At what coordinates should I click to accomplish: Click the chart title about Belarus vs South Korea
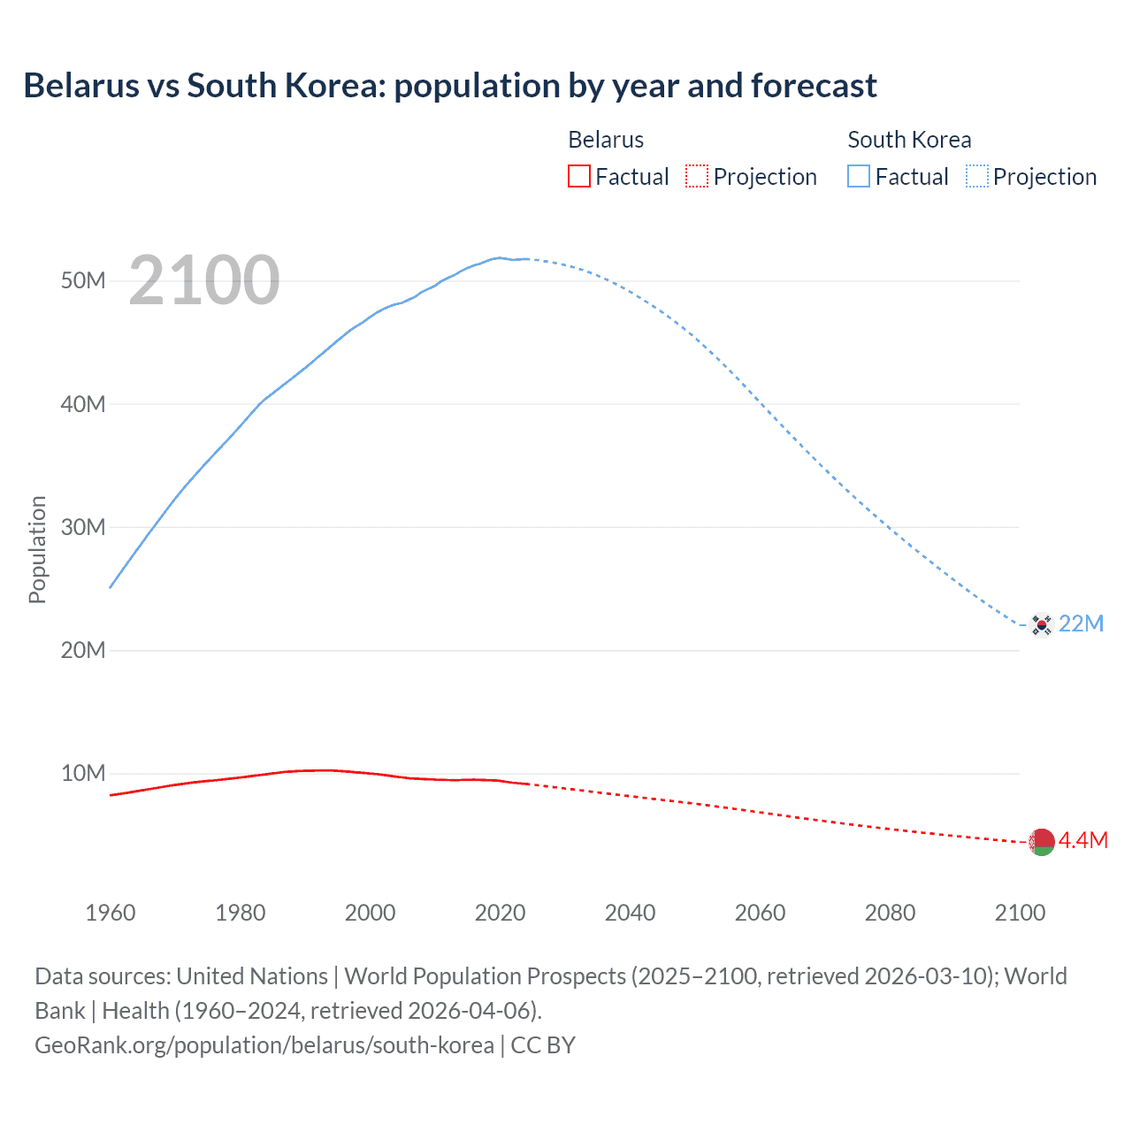pyautogui.click(x=450, y=86)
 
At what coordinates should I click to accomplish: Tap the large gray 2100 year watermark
pyautogui.click(x=204, y=280)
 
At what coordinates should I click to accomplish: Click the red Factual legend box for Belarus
pyautogui.click(x=578, y=176)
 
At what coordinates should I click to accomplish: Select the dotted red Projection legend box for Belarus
pyautogui.click(x=697, y=176)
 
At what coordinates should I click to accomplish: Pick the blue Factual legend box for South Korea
pyautogui.click(x=859, y=176)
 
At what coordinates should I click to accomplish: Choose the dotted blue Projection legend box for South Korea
pyautogui.click(x=976, y=176)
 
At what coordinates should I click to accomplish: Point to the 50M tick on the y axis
pyautogui.click(x=83, y=281)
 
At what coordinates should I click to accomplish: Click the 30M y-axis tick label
pyautogui.click(x=83, y=527)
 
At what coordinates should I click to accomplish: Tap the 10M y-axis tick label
pyautogui.click(x=83, y=774)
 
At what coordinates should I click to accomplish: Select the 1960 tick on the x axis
pyautogui.click(x=111, y=913)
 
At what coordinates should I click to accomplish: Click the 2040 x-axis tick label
pyautogui.click(x=630, y=913)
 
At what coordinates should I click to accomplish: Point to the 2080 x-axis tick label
pyautogui.click(x=890, y=913)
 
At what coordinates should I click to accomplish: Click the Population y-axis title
pyautogui.click(x=37, y=549)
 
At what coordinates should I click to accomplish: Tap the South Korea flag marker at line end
pyautogui.click(x=1042, y=624)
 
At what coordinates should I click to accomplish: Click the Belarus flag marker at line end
pyautogui.click(x=1042, y=842)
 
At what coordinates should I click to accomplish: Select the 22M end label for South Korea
pyautogui.click(x=1081, y=624)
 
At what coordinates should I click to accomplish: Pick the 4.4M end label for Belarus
pyautogui.click(x=1083, y=840)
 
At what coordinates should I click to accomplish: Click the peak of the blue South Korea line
pyautogui.click(x=500, y=257)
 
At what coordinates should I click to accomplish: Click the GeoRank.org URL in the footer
pyautogui.click(x=264, y=1045)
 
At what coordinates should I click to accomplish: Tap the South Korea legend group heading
pyautogui.click(x=909, y=140)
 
